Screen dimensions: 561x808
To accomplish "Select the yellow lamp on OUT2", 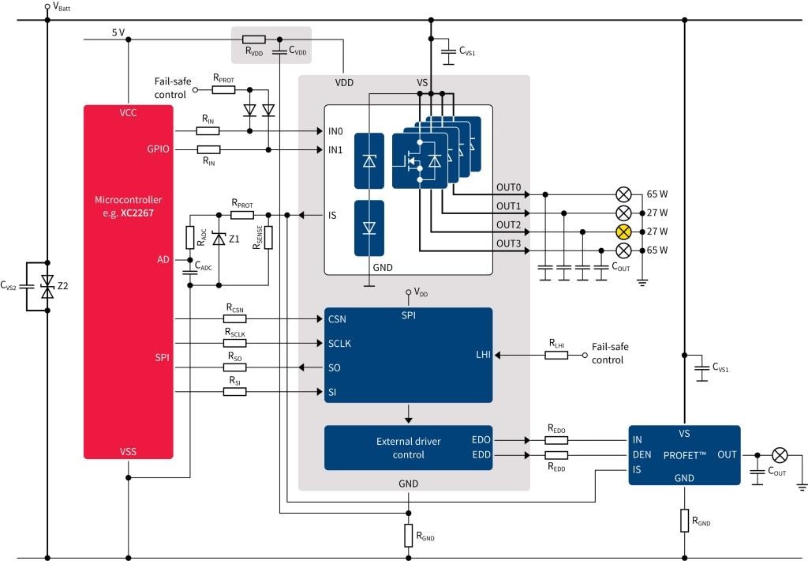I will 623,232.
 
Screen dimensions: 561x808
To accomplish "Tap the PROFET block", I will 683,455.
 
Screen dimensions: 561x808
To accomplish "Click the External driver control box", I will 408,448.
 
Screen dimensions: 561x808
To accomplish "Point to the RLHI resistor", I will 556,356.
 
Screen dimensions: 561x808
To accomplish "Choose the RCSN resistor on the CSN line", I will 234,319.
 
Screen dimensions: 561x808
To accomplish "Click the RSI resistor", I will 234,392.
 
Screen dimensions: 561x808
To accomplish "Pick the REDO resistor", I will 556,439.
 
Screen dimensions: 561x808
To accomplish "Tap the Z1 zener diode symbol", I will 219,239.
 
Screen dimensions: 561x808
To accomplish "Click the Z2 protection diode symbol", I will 47,286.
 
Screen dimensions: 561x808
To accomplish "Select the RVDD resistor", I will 253,39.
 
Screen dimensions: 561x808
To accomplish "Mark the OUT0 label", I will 508,188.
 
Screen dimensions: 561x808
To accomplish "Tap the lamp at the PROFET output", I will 780,455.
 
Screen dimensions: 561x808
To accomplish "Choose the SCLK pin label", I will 340,344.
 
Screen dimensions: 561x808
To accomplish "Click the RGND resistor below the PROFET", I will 684,520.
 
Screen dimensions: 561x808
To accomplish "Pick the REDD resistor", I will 556,456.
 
